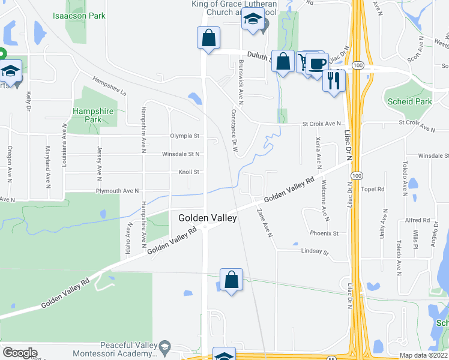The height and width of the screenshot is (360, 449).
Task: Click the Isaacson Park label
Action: (79, 15)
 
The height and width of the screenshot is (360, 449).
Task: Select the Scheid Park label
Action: (410, 101)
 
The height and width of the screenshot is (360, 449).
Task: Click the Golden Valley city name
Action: (208, 218)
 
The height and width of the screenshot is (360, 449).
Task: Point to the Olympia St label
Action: (184, 136)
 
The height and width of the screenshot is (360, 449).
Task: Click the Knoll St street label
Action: (188, 172)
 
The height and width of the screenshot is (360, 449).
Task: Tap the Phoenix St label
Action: (325, 233)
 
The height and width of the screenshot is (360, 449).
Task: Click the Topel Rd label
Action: (373, 189)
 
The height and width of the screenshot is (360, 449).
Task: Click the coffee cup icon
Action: (318, 63)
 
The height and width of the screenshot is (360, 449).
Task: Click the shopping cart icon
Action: (304, 61)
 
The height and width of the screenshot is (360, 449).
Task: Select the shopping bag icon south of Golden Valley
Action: (231, 280)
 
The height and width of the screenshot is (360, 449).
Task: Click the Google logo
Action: (20, 353)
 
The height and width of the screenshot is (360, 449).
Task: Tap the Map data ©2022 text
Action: (424, 355)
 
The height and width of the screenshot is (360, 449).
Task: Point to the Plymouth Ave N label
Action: (117, 191)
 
